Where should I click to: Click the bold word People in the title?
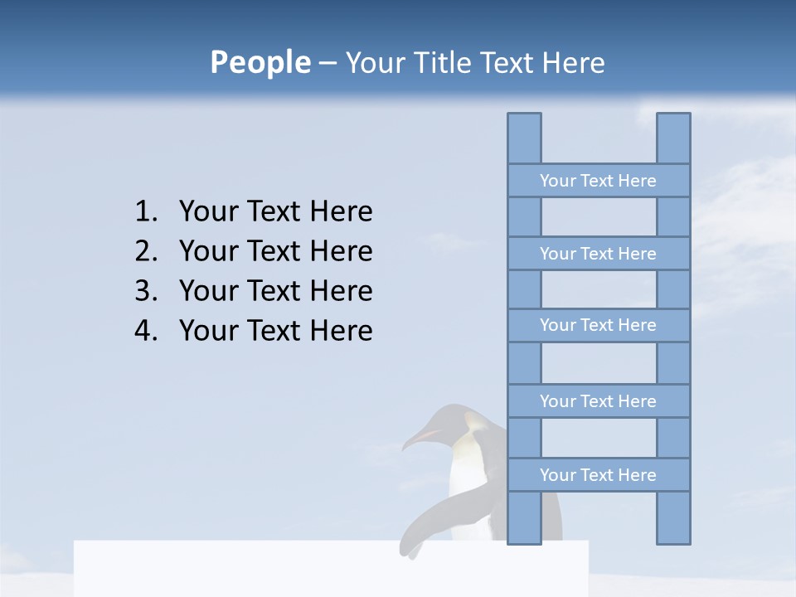pos(260,62)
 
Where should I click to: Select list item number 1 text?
pos(275,212)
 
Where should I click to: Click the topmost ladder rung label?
pos(598,181)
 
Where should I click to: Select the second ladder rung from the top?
pos(598,254)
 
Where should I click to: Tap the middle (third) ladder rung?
pos(598,325)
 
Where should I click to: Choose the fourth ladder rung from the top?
pos(598,401)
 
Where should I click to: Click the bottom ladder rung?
pos(598,475)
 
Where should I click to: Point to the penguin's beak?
pos(418,439)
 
